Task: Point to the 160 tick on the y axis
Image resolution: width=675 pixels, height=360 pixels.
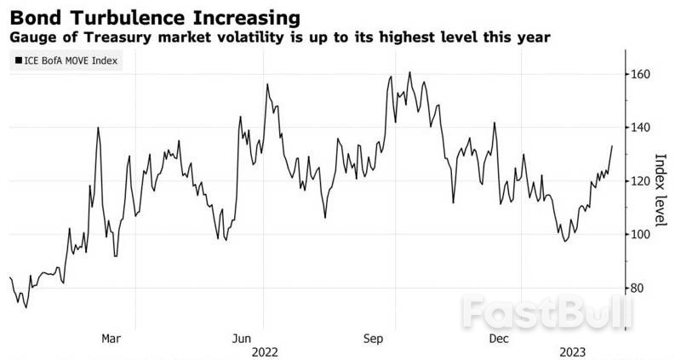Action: point(640,75)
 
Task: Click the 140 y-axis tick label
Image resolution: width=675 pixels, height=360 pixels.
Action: point(640,128)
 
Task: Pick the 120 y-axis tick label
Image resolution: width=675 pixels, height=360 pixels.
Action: point(640,181)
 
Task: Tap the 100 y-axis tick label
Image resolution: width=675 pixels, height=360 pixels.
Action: point(640,234)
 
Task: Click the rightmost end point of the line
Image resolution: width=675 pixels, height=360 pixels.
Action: point(612,146)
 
